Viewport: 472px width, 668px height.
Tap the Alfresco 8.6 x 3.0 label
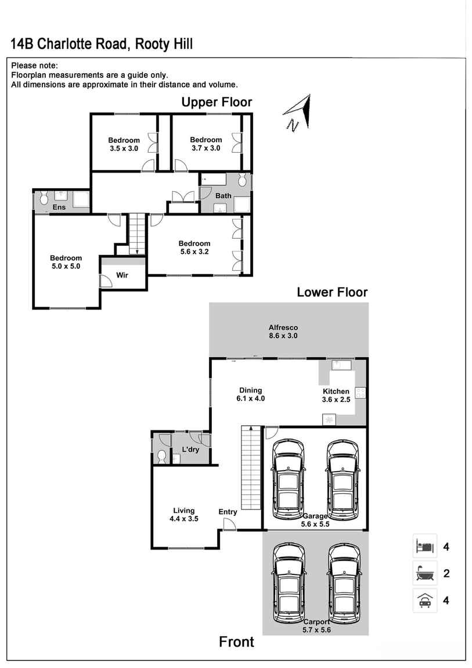pyautogui.click(x=283, y=332)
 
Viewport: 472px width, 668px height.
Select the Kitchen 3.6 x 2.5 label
pyautogui.click(x=336, y=396)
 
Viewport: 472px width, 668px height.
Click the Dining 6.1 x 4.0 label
pyautogui.click(x=250, y=394)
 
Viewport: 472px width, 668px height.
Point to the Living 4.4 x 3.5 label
pyautogui.click(x=183, y=515)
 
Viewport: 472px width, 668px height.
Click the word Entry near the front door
pyautogui.click(x=228, y=512)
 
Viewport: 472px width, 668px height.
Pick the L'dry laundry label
pyautogui.click(x=191, y=450)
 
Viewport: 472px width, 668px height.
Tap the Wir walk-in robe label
pyautogui.click(x=122, y=275)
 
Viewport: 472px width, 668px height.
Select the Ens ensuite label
pyautogui.click(x=59, y=207)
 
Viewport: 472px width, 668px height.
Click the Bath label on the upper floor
pyautogui.click(x=224, y=196)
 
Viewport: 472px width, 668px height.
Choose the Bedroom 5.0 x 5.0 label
pyautogui.click(x=66, y=262)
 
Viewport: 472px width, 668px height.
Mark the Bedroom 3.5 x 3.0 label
pyautogui.click(x=124, y=144)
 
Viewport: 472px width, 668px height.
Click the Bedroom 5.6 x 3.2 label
pyautogui.click(x=194, y=247)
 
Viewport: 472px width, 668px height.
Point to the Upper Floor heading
pyautogui.click(x=217, y=102)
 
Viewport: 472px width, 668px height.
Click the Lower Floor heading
pyautogui.click(x=332, y=292)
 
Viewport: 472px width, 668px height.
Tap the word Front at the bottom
pyautogui.click(x=236, y=642)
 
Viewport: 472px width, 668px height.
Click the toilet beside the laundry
pyautogui.click(x=162, y=456)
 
